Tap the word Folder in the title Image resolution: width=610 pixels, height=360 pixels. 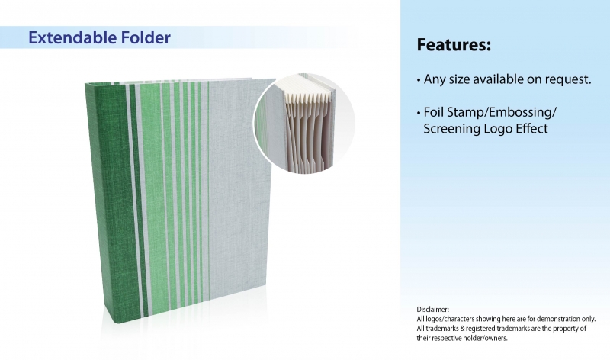click(x=146, y=37)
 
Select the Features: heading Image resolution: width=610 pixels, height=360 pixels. click(x=454, y=44)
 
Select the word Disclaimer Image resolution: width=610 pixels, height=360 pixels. click(x=432, y=310)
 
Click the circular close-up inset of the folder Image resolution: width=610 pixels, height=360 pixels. click(x=304, y=123)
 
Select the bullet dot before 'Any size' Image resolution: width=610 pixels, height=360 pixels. click(x=419, y=81)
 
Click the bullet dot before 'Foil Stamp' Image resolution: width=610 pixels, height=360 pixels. click(x=419, y=114)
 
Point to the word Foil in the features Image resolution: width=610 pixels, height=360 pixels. click(x=434, y=112)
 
